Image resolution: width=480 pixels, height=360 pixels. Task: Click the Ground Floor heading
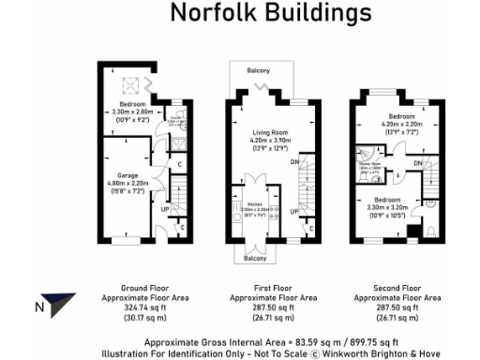[144, 287]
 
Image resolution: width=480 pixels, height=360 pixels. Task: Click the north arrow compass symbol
[61, 304]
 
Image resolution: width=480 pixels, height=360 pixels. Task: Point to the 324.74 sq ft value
[144, 307]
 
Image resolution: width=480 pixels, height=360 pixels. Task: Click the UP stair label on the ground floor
[165, 208]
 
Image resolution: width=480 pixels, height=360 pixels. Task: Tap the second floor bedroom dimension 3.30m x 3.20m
[387, 208]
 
